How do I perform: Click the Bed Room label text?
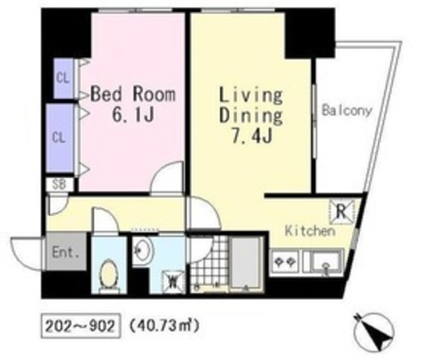pos(133,94)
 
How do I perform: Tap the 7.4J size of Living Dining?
pos(251,135)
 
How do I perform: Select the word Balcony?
pos(346,111)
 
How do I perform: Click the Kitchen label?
pos(310,231)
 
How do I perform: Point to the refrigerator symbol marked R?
pos(342,211)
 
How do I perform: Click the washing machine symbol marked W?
pos(173,282)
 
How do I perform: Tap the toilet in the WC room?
pos(109,276)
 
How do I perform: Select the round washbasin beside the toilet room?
pos(143,249)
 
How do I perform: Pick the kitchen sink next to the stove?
pos(323,262)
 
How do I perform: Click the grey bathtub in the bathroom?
pos(246,265)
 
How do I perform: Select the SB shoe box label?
pos(59,185)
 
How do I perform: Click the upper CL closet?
pos(63,78)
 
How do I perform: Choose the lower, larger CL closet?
pos(59,138)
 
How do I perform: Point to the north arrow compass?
pos(374,332)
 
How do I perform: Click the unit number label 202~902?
pos(80,326)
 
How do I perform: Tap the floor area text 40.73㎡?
pos(165,325)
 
